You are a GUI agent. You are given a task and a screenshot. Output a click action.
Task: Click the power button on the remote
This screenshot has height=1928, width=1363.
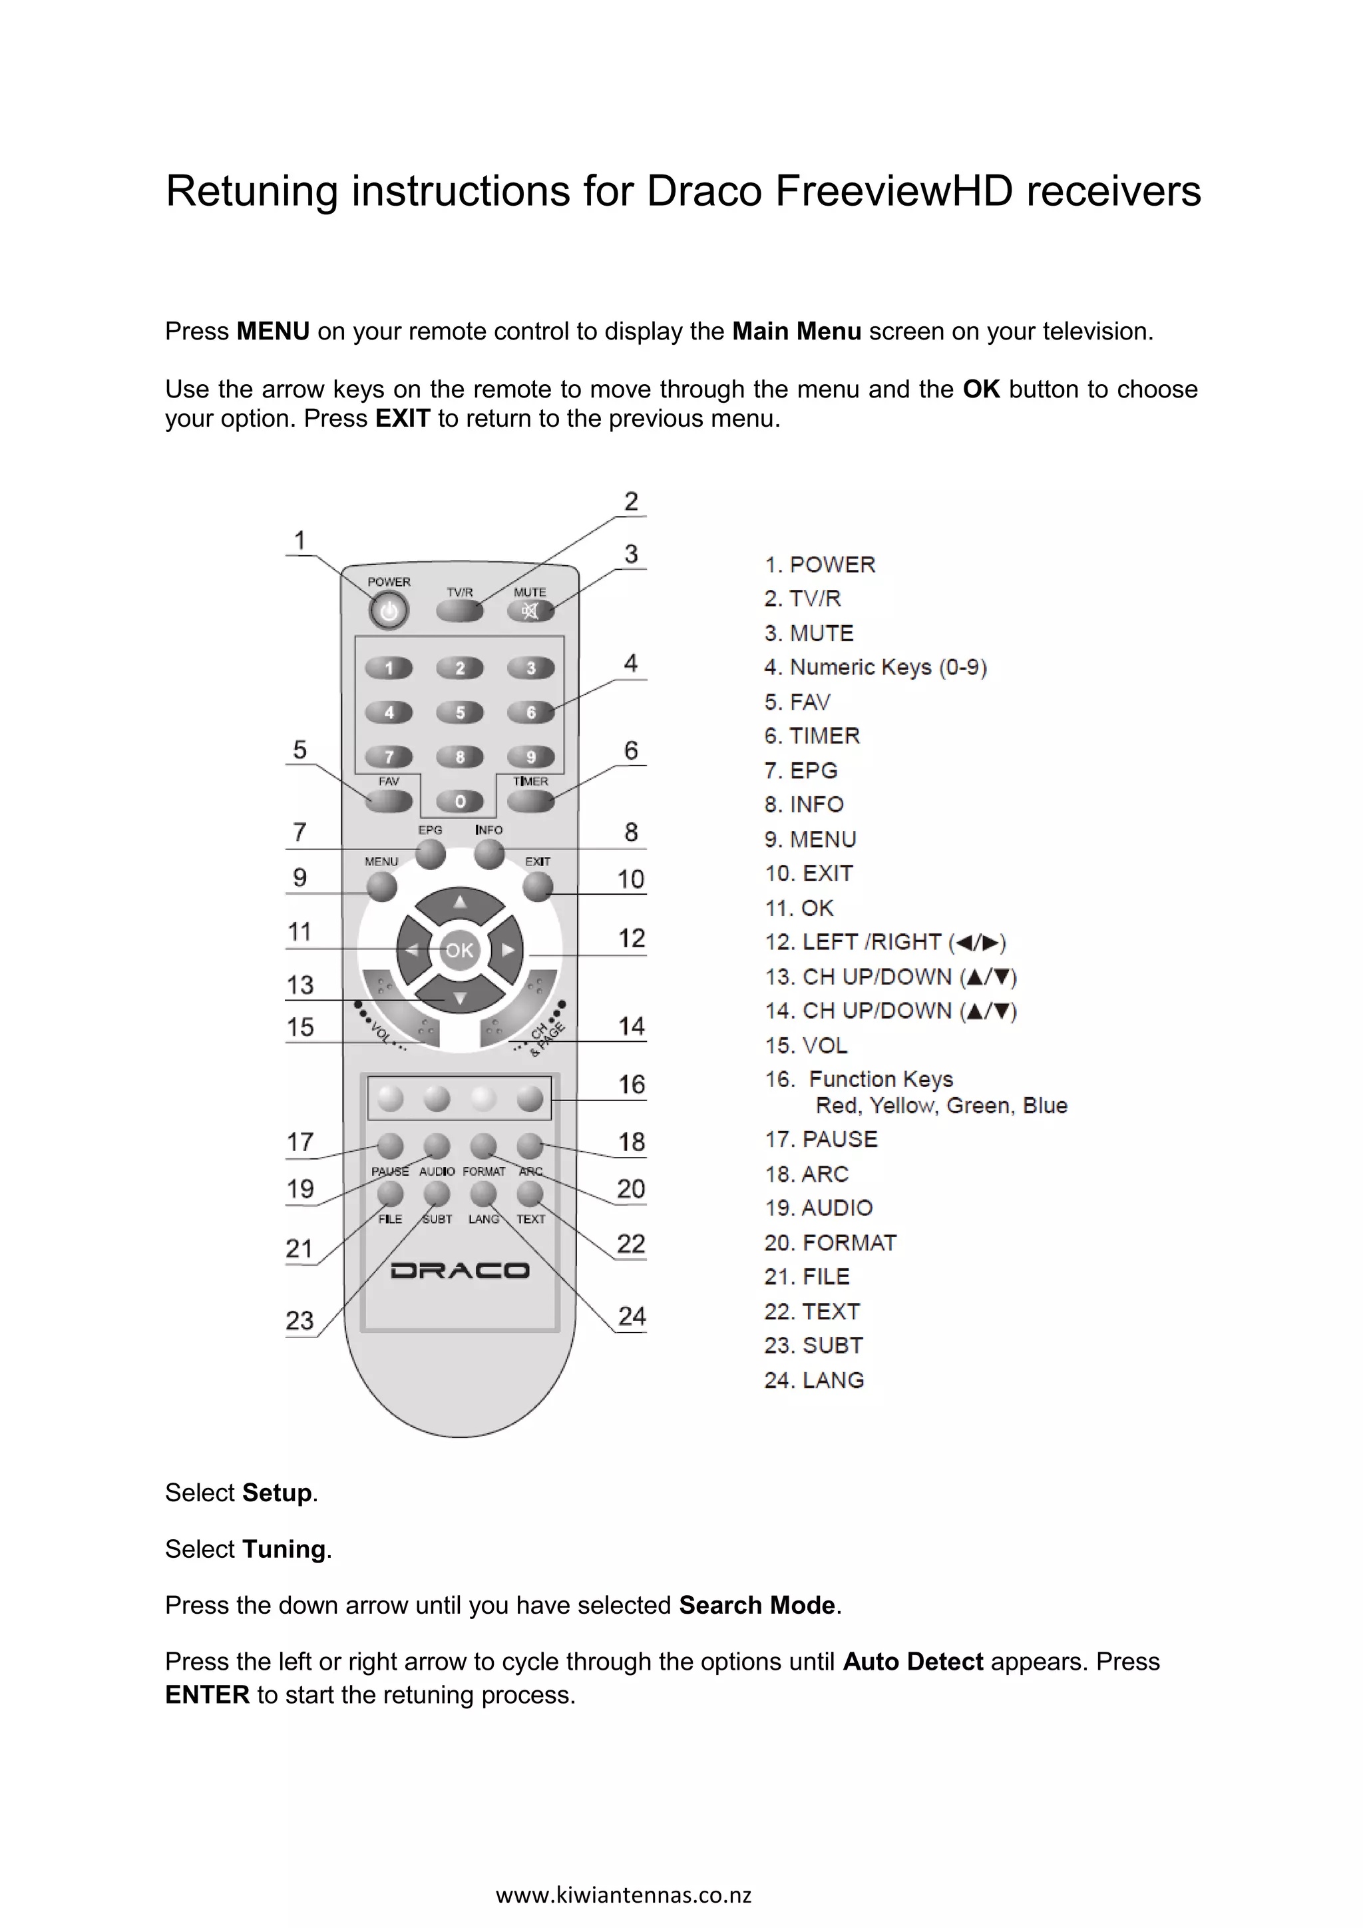click(389, 611)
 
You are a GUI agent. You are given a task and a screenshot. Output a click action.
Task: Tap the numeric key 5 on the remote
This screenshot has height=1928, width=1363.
click(460, 713)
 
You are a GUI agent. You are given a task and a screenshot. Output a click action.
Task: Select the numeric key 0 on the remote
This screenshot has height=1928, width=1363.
click(460, 802)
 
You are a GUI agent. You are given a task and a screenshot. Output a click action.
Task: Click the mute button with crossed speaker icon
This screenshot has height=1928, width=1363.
click(530, 610)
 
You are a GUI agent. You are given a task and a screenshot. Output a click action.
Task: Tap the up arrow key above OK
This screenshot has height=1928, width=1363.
click(460, 903)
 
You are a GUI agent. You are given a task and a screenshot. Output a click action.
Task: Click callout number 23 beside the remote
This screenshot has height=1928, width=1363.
click(299, 1321)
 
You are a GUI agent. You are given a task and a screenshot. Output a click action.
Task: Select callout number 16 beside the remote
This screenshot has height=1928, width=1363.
click(631, 1085)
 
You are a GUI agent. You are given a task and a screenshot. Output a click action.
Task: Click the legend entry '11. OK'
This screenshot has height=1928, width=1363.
click(799, 909)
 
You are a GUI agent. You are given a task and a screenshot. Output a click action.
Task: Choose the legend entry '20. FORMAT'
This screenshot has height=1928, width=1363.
click(830, 1243)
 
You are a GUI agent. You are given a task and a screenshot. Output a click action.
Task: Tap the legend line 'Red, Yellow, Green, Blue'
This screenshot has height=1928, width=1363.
click(941, 1106)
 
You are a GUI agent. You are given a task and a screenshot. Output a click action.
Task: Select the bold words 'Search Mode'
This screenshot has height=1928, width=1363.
click(756, 1606)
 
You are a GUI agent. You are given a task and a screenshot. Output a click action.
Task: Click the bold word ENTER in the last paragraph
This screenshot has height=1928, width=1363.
click(207, 1694)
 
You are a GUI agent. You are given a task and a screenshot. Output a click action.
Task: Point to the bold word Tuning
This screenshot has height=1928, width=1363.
click(284, 1549)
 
